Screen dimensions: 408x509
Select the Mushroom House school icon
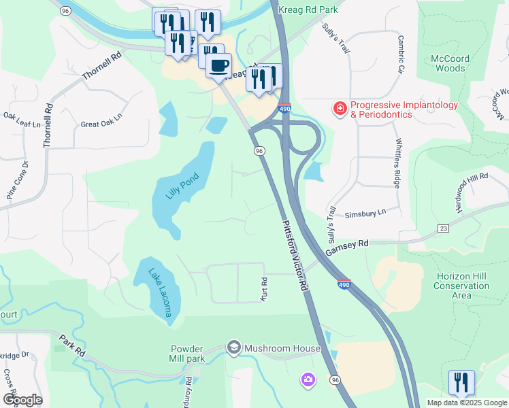pos(234,348)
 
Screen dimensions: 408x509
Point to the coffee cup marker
pos(218,65)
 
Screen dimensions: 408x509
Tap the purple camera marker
pos(308,379)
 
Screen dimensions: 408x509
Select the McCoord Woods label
pos(450,63)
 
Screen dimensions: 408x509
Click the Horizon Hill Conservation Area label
pos(461,286)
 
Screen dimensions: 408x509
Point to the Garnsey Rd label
pos(346,247)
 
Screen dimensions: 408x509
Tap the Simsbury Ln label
pos(365,213)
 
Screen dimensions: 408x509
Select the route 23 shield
pos(443,229)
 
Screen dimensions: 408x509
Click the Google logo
pos(22,399)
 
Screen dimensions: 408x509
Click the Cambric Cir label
pos(401,54)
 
